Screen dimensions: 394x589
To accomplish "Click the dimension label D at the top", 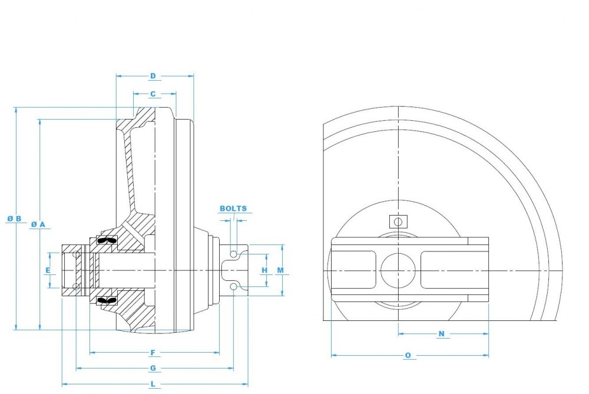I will (153, 76).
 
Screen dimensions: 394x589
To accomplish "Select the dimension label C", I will (153, 94).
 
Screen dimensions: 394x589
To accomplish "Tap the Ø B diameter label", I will (15, 218).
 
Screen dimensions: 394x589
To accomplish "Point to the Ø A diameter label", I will (38, 224).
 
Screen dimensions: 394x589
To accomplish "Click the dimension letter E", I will (48, 270).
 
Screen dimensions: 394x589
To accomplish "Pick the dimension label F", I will (153, 353).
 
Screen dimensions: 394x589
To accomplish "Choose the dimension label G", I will (153, 368).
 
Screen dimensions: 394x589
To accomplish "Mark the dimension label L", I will (153, 384).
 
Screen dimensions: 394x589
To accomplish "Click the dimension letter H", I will (264, 270).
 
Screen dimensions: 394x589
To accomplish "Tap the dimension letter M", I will (281, 270).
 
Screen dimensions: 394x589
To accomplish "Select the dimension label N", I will (442, 334).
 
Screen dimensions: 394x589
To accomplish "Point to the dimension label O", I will (408, 355).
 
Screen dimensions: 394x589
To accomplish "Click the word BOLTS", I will (233, 208).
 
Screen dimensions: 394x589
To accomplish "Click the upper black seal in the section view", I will (107, 241).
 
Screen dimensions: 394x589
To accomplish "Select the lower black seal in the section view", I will (107, 300).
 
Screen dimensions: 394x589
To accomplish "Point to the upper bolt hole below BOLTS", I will (234, 254).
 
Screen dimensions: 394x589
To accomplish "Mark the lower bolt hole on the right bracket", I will (234, 287).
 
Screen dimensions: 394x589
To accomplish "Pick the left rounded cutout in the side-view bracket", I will (354, 270).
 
